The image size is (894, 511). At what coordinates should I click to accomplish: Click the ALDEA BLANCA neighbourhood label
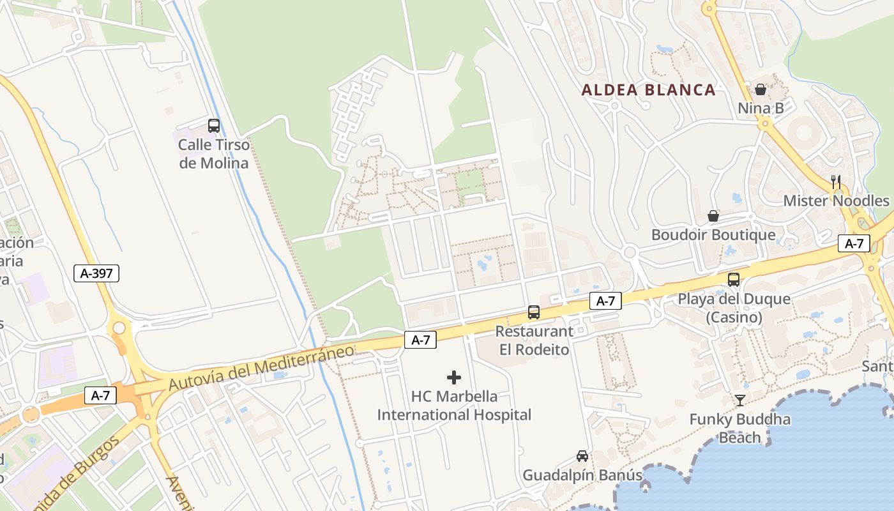tap(648, 90)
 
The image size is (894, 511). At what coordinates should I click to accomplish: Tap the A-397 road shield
tap(96, 274)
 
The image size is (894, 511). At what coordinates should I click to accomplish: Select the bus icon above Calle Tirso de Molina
tap(214, 126)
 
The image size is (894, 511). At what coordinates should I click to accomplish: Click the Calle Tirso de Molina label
tap(213, 154)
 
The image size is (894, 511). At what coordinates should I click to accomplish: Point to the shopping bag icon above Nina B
tap(761, 89)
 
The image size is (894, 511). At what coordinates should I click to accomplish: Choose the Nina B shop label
tap(761, 108)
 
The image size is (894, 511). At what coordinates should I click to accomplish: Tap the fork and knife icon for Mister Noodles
tap(836, 181)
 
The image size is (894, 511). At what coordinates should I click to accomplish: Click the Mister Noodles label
tap(836, 201)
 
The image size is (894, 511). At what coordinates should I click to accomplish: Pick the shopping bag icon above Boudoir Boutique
tap(713, 216)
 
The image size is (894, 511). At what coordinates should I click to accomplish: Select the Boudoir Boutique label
tap(713, 234)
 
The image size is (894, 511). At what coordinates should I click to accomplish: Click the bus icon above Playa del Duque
tap(734, 279)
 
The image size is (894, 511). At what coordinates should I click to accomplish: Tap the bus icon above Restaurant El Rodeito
tap(534, 312)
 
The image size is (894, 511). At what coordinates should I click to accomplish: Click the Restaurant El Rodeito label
tap(534, 340)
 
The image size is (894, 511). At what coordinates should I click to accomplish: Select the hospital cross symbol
tap(454, 378)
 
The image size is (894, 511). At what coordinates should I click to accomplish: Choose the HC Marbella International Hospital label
tap(454, 406)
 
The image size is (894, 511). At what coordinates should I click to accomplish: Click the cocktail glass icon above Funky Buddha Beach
tap(740, 400)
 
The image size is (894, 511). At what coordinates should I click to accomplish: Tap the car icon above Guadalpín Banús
tap(582, 456)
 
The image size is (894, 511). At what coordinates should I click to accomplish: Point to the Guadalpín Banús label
tap(582, 475)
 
